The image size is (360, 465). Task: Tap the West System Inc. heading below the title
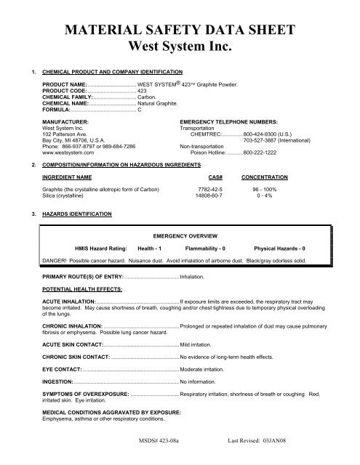tap(180, 48)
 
